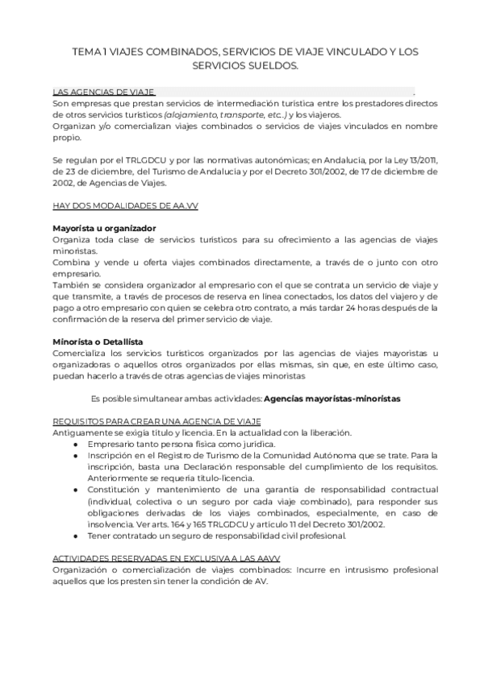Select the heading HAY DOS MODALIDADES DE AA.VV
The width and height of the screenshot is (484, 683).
click(x=125, y=206)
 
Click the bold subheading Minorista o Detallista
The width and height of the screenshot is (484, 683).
click(x=98, y=342)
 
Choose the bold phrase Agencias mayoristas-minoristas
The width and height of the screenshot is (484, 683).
click(x=332, y=399)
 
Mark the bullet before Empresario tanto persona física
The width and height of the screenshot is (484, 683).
click(x=74, y=445)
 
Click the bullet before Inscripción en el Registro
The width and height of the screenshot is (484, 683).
click(x=74, y=456)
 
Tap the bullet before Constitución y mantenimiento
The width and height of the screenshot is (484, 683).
click(x=74, y=490)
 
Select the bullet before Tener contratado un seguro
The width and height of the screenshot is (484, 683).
click(x=74, y=536)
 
